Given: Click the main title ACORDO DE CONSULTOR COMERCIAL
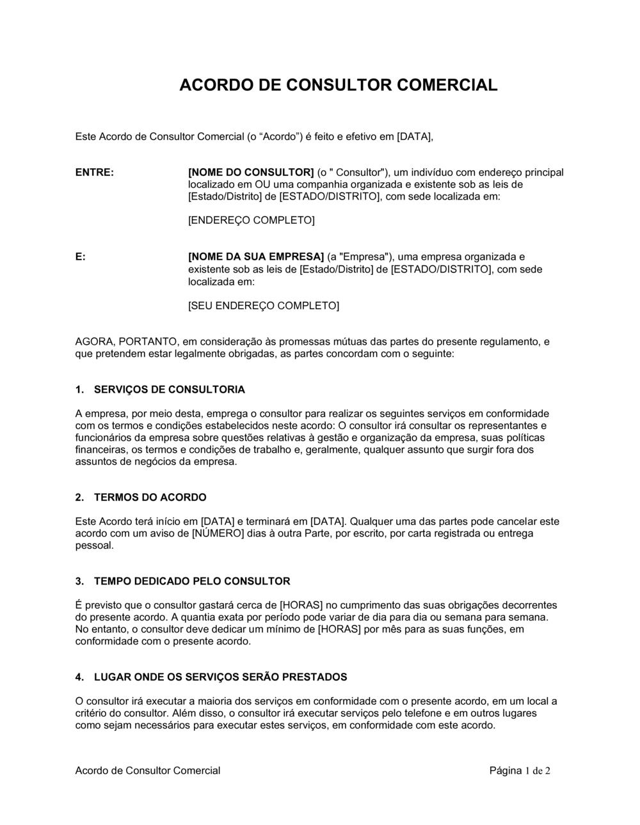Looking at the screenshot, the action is [x=338, y=86].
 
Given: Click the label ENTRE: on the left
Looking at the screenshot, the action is [x=95, y=172].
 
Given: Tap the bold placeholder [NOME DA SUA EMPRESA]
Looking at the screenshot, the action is [x=256, y=257].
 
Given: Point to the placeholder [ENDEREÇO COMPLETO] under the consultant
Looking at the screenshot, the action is [x=251, y=221].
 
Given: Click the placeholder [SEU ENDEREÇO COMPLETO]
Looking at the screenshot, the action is [x=263, y=306].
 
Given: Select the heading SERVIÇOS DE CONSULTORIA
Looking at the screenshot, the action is [x=169, y=389].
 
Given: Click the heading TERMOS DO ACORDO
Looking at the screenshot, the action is [x=150, y=497].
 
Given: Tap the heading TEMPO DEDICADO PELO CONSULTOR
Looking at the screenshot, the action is [x=192, y=581].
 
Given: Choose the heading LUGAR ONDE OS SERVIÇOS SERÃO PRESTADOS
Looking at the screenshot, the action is [x=220, y=677].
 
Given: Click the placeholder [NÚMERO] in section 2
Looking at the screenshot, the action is [x=218, y=533].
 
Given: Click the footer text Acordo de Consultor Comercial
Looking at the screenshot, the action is [x=148, y=771].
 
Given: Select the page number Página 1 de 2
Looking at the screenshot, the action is [x=520, y=771].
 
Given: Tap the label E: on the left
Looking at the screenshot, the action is [x=81, y=257].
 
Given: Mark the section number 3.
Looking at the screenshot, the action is [x=79, y=581].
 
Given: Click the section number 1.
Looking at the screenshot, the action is [x=79, y=389].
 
